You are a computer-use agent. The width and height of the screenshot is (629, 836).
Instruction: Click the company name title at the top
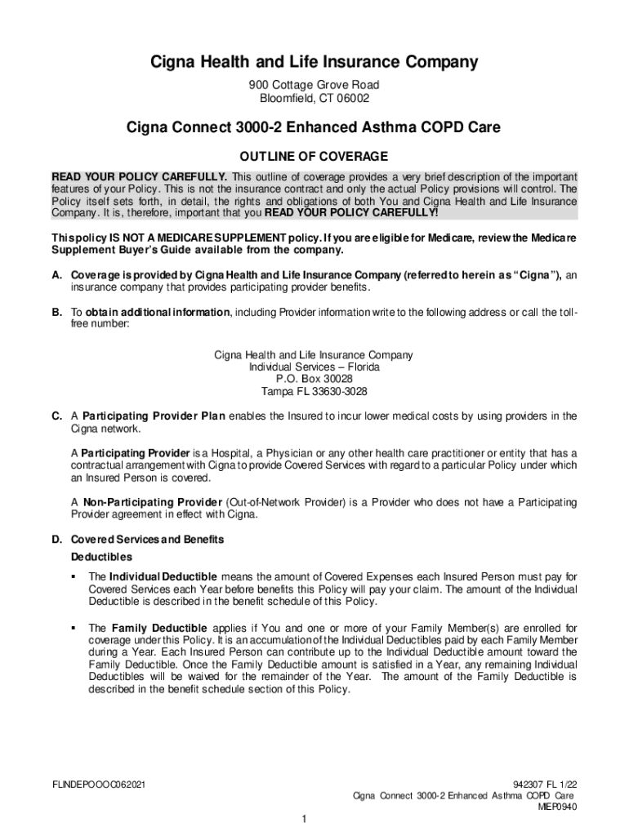coord(314,62)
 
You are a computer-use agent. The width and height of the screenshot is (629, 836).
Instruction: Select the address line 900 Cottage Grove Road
coord(314,85)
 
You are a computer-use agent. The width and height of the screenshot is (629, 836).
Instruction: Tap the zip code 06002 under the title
coord(351,99)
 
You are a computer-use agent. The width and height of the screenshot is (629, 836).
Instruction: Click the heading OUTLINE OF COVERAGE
coord(314,156)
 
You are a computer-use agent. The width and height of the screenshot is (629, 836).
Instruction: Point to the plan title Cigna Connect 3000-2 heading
coord(314,127)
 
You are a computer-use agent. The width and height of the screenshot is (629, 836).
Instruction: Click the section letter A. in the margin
coord(57,276)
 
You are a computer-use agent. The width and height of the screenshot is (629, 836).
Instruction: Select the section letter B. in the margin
coord(57,312)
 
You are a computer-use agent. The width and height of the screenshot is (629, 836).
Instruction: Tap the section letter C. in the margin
coord(57,416)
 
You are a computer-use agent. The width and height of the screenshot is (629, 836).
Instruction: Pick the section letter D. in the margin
coord(57,540)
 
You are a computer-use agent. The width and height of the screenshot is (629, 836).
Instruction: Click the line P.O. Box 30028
coord(314,379)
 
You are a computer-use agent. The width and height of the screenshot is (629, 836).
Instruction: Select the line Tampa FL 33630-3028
coord(314,391)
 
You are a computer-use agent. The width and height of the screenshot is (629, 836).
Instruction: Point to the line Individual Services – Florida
coord(314,367)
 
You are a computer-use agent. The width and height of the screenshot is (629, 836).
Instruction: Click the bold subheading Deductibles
coord(101,558)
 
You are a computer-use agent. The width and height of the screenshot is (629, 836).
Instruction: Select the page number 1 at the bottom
coord(302,820)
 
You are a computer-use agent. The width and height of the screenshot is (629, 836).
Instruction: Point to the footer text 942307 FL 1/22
coord(542,785)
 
